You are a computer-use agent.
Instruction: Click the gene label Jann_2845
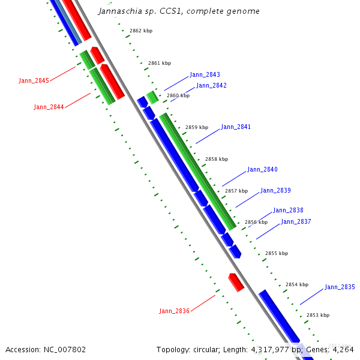34,80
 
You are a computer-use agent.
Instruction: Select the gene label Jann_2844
49,107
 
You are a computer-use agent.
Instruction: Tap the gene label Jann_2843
205,75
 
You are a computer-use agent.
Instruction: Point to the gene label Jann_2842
211,86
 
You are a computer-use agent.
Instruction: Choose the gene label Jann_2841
236,127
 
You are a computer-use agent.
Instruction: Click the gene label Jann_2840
262,170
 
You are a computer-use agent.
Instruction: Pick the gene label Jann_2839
275,191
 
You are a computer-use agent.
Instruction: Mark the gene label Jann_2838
288,211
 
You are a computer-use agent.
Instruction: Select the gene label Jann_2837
296,222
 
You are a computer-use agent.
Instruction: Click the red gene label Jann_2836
174,311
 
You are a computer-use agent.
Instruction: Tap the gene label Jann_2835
340,287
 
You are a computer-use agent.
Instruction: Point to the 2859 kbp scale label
196,128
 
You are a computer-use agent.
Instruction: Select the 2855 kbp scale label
276,254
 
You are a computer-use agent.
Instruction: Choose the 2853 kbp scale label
317,315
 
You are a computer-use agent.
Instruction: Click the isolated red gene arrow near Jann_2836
236,282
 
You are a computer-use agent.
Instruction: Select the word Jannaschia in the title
121,11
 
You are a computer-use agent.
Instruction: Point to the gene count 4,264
343,349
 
